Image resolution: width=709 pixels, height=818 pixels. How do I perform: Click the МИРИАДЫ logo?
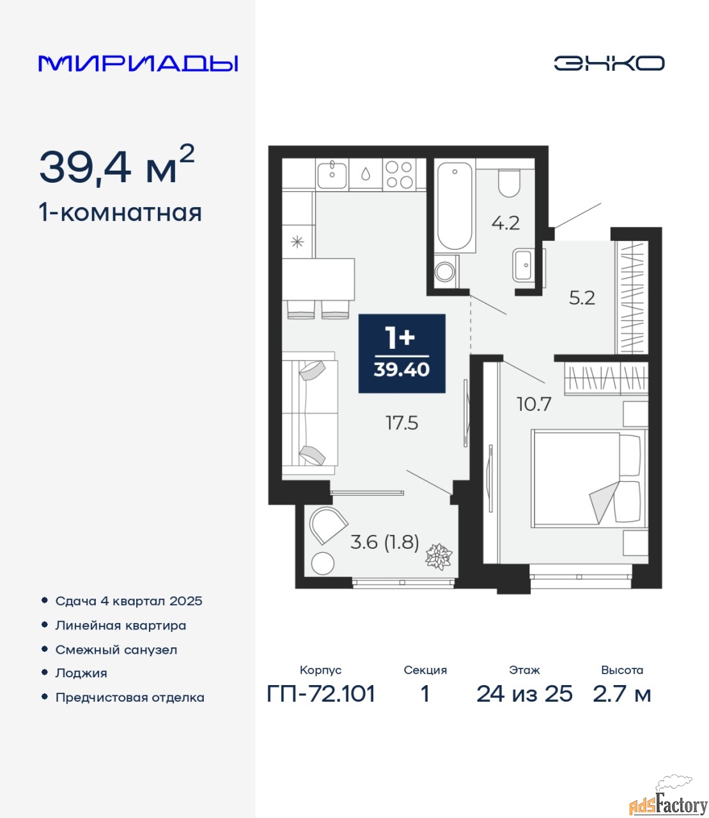point(138,64)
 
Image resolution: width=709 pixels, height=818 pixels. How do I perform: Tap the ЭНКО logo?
point(609,63)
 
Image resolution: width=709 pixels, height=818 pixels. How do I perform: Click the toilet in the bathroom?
point(509,183)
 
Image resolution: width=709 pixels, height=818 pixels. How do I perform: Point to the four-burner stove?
point(399,175)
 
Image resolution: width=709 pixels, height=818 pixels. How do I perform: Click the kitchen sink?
point(332,175)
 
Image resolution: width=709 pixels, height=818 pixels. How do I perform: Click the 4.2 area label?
point(506,224)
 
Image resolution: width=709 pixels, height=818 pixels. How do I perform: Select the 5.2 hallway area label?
point(582,298)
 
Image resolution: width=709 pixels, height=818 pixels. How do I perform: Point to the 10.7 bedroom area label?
point(534,405)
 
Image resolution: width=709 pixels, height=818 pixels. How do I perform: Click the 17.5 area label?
point(401,423)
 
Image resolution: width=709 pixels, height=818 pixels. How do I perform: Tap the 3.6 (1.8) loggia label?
point(384,542)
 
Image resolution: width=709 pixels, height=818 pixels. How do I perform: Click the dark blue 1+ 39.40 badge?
point(401,353)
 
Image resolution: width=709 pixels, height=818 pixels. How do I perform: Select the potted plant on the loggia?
point(439,557)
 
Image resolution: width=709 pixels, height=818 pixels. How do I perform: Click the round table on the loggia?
point(323,564)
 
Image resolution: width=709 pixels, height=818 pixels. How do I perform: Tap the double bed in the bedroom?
point(589,479)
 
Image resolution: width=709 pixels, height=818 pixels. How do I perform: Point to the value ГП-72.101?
point(321,694)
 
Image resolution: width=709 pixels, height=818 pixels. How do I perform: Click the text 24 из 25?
point(524,694)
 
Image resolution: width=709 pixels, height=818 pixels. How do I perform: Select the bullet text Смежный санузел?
point(116,650)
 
